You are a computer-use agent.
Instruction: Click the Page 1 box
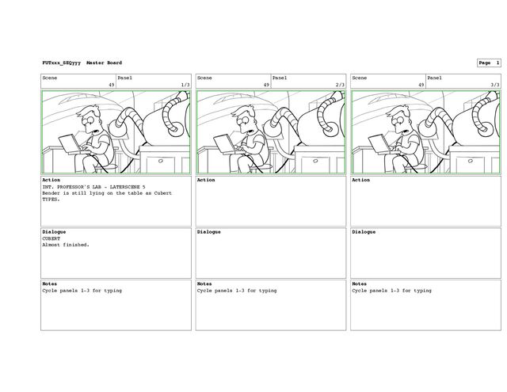(489, 63)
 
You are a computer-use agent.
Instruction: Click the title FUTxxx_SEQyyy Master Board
(82, 63)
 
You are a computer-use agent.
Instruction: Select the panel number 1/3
(185, 85)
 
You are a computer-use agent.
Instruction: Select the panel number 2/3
(340, 85)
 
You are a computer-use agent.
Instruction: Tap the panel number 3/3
(495, 85)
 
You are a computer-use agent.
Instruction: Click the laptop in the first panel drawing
(69, 144)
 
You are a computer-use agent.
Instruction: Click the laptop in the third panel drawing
(379, 144)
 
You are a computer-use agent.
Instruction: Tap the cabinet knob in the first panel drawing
(161, 161)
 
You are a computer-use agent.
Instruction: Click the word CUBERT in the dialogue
(51, 238)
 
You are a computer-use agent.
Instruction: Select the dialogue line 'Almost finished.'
(66, 245)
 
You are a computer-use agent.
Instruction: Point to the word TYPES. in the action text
(51, 199)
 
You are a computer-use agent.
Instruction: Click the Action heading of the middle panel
(206, 180)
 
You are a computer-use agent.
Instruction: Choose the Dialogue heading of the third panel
(364, 232)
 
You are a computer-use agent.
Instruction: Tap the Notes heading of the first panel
(49, 284)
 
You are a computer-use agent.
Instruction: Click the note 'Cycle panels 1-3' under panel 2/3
(221, 290)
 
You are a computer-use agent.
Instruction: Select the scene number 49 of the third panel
(421, 85)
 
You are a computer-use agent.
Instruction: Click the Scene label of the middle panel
(204, 78)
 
